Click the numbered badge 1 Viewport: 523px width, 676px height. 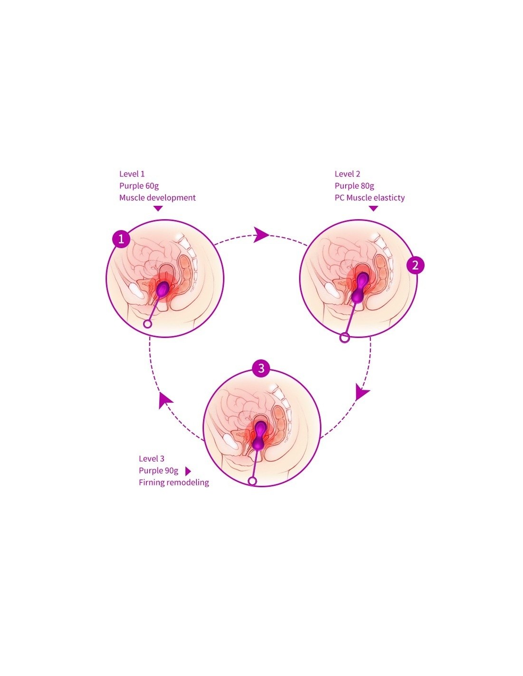click(x=121, y=239)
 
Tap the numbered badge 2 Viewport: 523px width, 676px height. click(x=415, y=265)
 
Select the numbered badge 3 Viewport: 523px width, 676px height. click(x=261, y=367)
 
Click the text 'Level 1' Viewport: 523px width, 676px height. click(x=132, y=174)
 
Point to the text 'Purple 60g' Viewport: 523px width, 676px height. click(x=139, y=186)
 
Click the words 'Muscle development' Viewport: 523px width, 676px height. click(x=157, y=198)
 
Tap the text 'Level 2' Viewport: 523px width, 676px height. click(x=347, y=174)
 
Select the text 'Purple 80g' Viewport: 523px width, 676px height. click(x=354, y=186)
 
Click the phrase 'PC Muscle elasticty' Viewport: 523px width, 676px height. click(x=369, y=198)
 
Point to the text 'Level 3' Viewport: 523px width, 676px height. click(x=151, y=459)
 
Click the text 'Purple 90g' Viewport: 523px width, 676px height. click(x=158, y=471)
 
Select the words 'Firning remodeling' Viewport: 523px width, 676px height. click(x=174, y=483)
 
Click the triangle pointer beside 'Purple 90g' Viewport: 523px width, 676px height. click(x=187, y=471)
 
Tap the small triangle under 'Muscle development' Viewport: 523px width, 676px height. click(x=158, y=208)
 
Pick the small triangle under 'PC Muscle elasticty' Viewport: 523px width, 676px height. click(x=373, y=208)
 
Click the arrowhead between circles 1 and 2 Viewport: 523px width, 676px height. click(x=261, y=234)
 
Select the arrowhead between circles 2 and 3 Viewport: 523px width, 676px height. click(x=362, y=393)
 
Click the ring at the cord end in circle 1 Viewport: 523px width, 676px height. click(x=147, y=324)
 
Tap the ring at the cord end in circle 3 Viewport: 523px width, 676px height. click(x=252, y=481)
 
